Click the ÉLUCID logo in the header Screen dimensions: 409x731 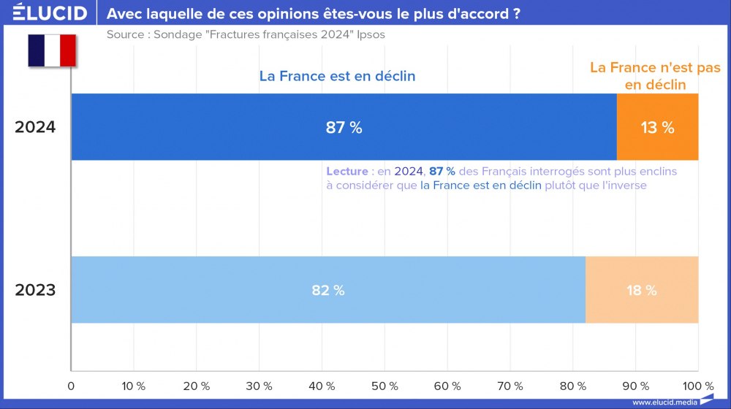(x=50, y=13)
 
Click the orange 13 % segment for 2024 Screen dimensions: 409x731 (x=657, y=127)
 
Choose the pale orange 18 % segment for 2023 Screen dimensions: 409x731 (x=641, y=290)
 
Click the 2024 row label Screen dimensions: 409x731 (x=35, y=127)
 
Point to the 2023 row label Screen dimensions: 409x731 (x=35, y=290)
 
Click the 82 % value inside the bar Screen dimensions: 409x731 (x=327, y=291)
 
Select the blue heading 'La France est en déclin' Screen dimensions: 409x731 (x=337, y=76)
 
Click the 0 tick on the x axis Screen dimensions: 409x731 (x=71, y=386)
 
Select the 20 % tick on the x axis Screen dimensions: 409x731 (x=196, y=386)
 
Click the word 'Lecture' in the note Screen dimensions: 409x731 (x=347, y=171)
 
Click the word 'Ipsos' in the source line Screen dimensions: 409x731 (x=371, y=34)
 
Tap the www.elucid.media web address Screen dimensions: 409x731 (x=664, y=402)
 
